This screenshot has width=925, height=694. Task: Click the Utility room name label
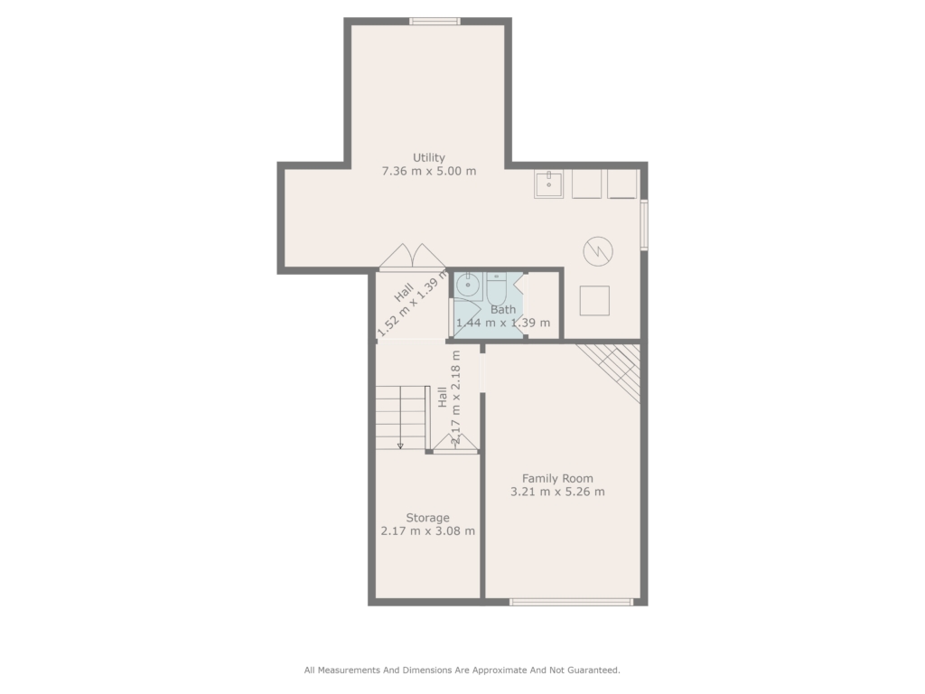(429, 157)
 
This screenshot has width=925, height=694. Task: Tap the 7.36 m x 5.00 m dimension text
(429, 171)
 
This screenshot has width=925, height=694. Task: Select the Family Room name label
(557, 479)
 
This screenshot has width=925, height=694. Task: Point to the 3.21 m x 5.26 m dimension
(557, 492)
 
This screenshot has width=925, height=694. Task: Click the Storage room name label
(427, 518)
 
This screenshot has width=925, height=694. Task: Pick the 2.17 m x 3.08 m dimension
(427, 530)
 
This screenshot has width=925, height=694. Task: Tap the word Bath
(503, 309)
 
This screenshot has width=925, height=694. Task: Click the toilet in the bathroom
(497, 287)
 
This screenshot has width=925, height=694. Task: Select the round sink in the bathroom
(469, 286)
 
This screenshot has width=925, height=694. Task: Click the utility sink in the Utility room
(548, 184)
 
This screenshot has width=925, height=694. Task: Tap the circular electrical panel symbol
(598, 251)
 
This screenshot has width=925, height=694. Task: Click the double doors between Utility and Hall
(412, 258)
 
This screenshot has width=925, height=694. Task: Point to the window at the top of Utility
(434, 22)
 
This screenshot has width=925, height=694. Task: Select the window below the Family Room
(571, 602)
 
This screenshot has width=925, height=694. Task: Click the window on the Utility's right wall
(644, 225)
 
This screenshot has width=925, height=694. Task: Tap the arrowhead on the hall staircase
(400, 445)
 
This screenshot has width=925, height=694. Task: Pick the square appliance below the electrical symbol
(594, 301)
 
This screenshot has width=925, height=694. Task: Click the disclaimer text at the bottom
(462, 670)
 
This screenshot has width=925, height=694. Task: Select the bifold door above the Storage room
(455, 444)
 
